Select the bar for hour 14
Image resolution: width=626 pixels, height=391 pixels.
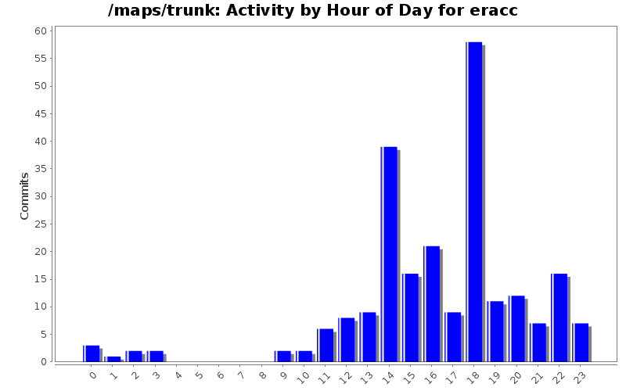tap(389, 254)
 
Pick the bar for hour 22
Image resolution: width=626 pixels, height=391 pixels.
tap(559, 317)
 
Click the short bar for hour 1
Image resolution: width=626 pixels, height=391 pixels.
tap(113, 359)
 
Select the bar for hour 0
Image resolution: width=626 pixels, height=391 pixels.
tap(92, 353)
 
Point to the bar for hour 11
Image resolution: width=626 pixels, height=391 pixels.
tap(326, 345)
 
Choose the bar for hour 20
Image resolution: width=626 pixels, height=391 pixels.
tap(516, 328)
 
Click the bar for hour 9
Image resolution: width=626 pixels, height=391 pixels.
tap(283, 356)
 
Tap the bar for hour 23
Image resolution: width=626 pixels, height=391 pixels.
tap(581, 343)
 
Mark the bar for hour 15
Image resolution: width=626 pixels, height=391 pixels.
tap(411, 317)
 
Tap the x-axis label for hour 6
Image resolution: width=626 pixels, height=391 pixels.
tap(221, 375)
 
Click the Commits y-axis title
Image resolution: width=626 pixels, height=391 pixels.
tap(24, 196)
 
